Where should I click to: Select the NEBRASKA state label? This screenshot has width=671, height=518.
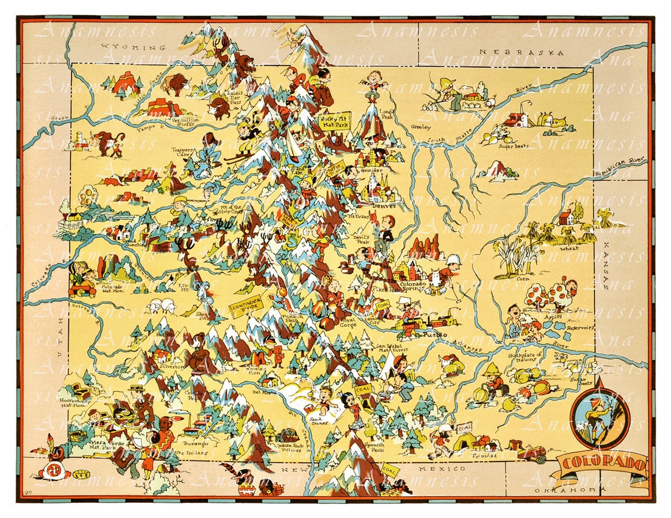tap(521, 52)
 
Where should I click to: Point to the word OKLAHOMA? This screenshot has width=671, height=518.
tap(567, 489)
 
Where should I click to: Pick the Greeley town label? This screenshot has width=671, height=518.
tap(421, 126)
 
